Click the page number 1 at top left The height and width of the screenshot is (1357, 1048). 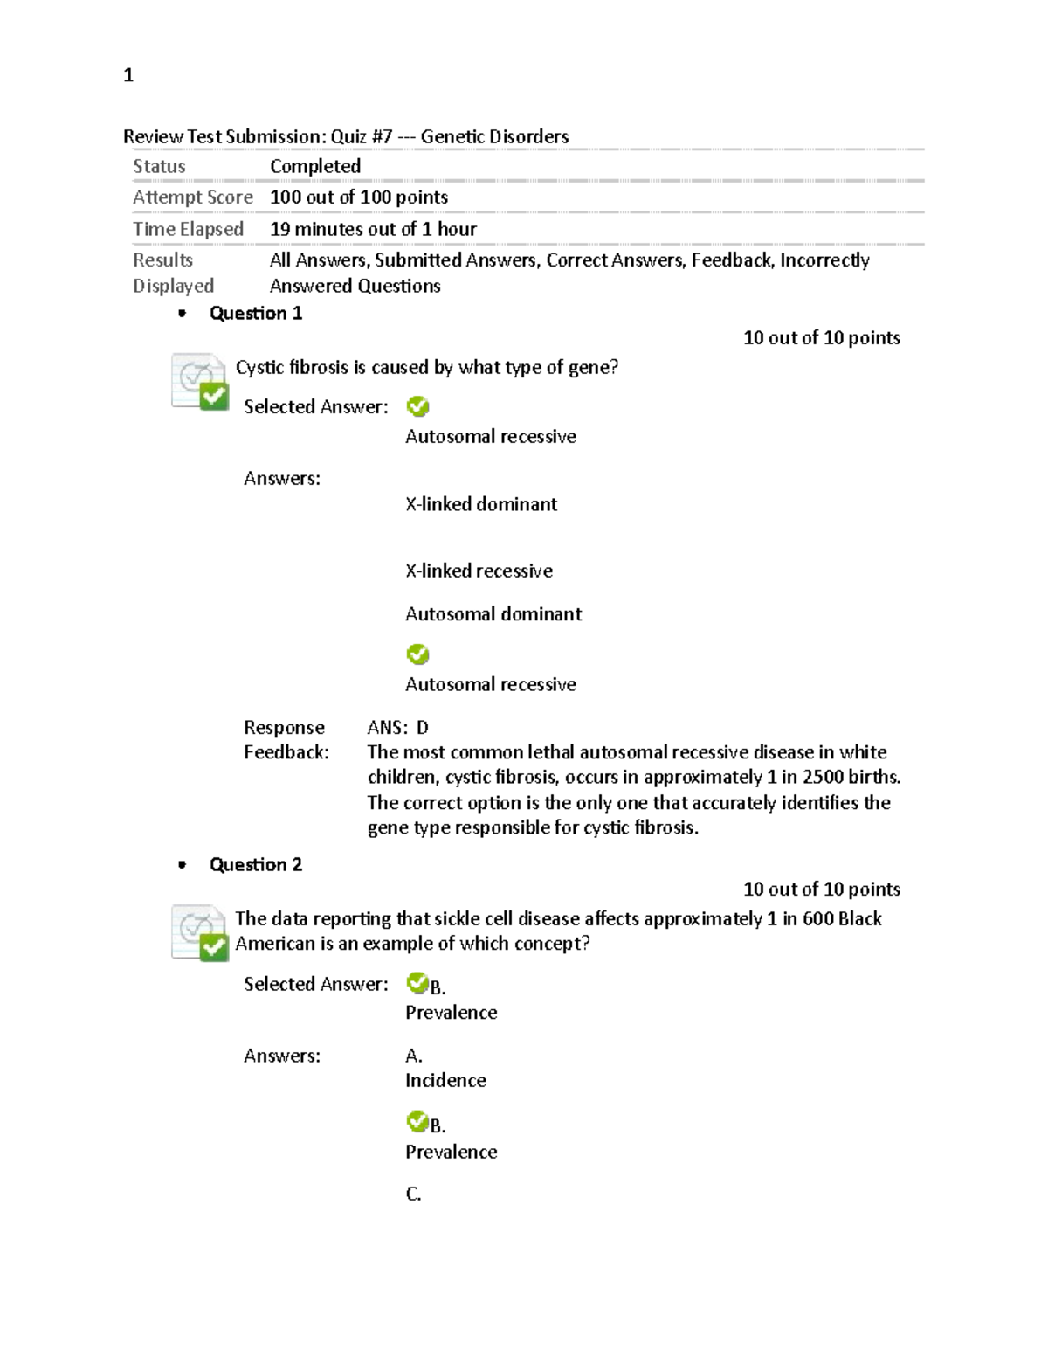point(128,76)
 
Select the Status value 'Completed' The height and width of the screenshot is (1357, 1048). point(314,166)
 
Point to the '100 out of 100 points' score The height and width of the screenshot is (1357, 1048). point(358,197)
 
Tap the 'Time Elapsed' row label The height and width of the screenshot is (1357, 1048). point(188,229)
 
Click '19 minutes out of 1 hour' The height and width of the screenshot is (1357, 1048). point(373,229)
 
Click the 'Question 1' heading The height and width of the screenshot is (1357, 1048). point(255,314)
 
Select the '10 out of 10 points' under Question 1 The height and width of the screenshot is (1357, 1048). point(821,338)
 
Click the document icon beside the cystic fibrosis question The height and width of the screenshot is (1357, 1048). point(200,381)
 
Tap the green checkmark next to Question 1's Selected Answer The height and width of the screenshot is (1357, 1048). point(418,406)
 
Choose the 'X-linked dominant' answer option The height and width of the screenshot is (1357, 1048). point(480,504)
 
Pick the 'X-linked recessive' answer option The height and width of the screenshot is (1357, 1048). point(479,571)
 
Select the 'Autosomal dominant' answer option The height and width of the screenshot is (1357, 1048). point(493,614)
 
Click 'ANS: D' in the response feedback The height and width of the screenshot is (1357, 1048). point(397,728)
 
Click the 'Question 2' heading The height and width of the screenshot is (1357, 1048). point(255,865)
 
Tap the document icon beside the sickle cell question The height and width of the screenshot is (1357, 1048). point(200,932)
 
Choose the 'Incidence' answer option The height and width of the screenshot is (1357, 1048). point(445,1081)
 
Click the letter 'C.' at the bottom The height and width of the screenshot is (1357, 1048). point(413,1194)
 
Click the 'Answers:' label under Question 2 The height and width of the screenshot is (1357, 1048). point(281,1056)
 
